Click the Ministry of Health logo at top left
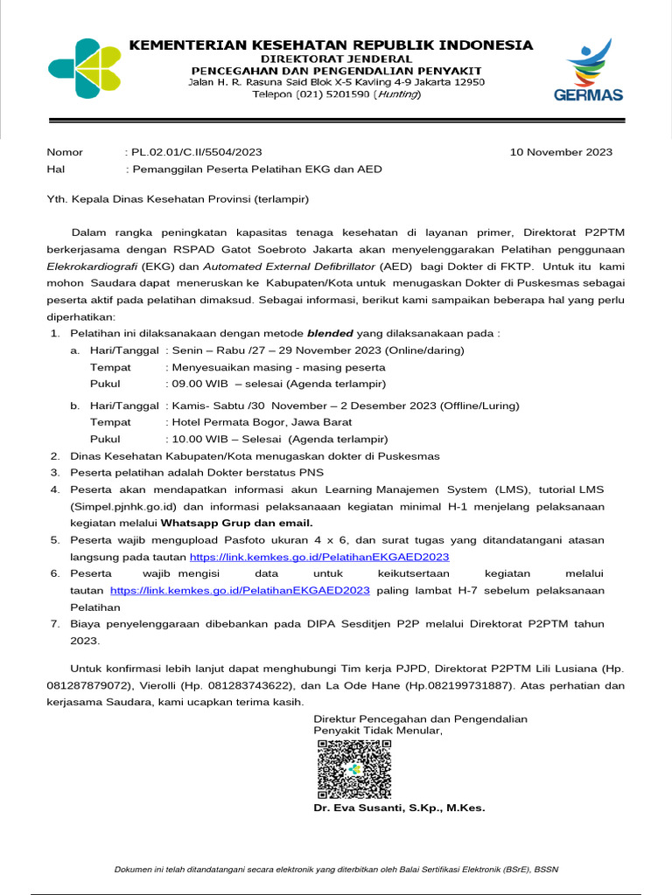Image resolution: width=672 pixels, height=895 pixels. tap(86, 68)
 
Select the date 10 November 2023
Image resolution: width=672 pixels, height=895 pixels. tap(561, 151)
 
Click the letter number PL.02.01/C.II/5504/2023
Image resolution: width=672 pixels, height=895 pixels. tap(194, 151)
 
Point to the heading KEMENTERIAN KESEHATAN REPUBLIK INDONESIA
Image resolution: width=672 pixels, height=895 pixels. tap(331, 45)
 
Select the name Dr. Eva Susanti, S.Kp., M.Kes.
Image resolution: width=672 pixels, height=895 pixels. tap(399, 808)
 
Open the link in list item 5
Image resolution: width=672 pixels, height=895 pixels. tap(319, 556)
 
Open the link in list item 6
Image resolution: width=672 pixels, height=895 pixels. tap(241, 590)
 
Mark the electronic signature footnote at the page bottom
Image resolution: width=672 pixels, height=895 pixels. tap(336, 869)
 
